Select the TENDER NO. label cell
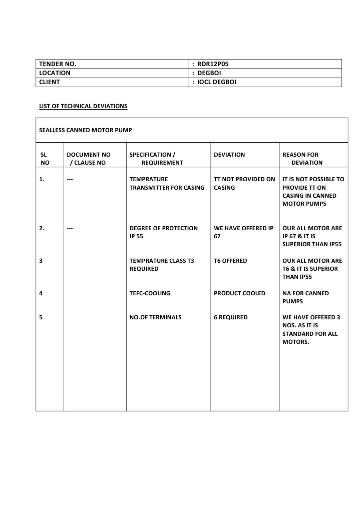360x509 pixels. click(x=58, y=64)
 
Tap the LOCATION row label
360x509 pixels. click(x=55, y=73)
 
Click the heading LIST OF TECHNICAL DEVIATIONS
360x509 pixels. click(x=83, y=106)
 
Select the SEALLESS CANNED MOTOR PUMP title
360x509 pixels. click(x=86, y=130)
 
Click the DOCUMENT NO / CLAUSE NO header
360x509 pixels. click(x=89, y=159)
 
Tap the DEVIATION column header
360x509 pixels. click(x=229, y=155)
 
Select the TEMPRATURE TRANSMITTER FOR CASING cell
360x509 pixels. click(x=167, y=183)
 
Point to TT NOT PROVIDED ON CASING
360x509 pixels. click(x=244, y=183)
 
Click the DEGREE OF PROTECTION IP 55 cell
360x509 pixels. click(x=163, y=232)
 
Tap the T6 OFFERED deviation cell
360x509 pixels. click(x=230, y=261)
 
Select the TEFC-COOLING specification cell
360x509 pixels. click(x=150, y=293)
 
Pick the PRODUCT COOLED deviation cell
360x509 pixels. click(x=239, y=293)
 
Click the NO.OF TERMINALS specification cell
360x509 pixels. click(x=155, y=317)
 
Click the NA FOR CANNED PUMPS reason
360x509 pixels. click(x=305, y=297)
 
